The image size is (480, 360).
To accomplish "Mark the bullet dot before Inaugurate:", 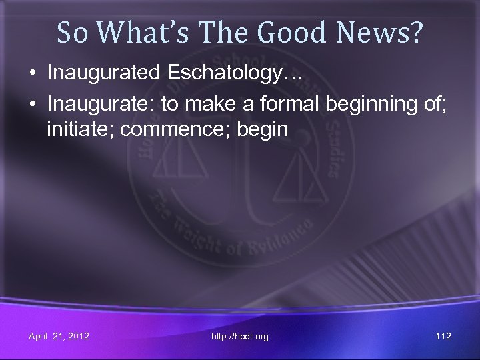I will coord(33,106).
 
